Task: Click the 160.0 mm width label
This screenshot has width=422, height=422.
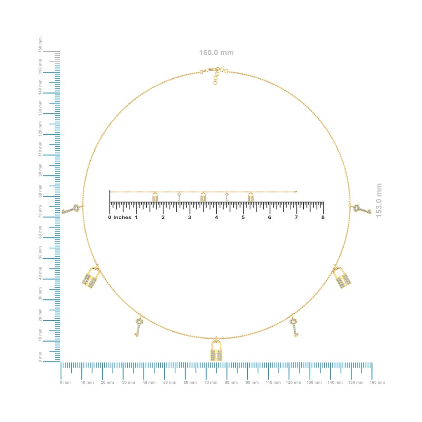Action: click(x=216, y=52)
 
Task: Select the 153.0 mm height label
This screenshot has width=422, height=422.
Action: click(x=378, y=201)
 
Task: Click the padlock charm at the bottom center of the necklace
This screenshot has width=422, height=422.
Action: click(x=216, y=350)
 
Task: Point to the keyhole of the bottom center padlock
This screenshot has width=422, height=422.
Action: click(x=216, y=356)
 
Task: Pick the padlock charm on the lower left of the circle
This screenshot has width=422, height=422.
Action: click(x=90, y=278)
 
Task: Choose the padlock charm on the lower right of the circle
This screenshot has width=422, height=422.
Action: click(x=342, y=278)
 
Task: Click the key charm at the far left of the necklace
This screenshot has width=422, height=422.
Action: click(x=71, y=209)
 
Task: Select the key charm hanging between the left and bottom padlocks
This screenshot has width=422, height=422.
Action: click(x=138, y=327)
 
